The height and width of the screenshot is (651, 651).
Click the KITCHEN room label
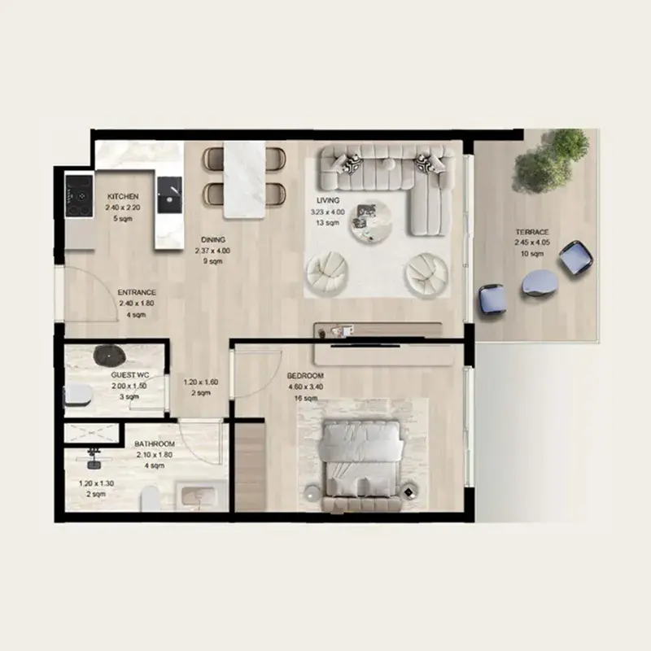123,197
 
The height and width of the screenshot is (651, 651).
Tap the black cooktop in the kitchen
79,195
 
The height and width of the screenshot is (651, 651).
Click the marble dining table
245,180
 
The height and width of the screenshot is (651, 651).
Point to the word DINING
213,240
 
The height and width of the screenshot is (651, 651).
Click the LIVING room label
329,200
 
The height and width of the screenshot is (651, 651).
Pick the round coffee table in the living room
370,221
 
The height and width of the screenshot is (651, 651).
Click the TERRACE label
531,232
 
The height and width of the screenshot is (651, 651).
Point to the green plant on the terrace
552,159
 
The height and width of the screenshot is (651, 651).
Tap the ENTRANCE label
136,292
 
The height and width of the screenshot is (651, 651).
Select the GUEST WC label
129,375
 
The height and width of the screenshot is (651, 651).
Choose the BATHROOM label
155,444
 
